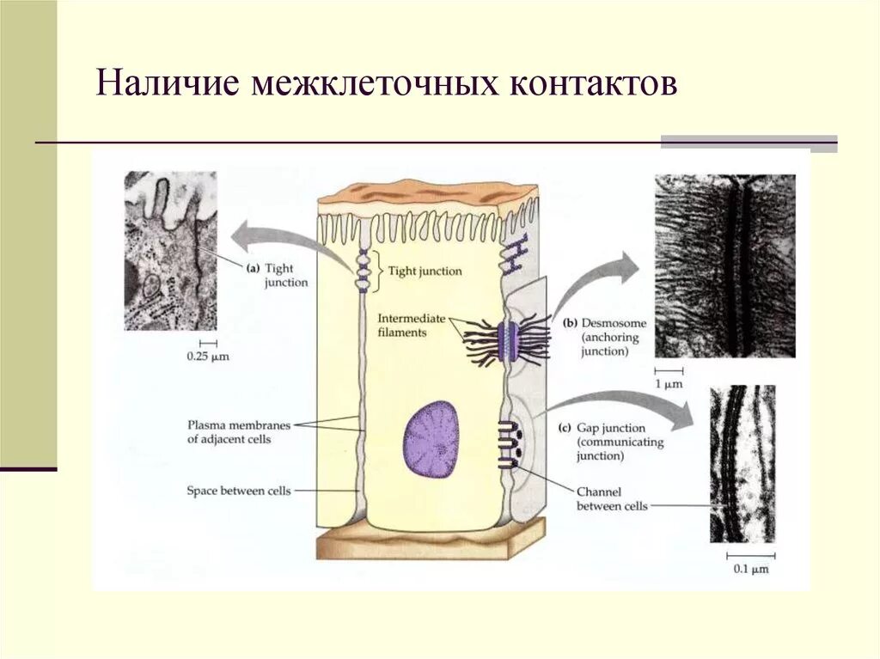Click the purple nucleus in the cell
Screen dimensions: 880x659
click(x=431, y=438)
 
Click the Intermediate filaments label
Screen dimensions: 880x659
click(x=411, y=325)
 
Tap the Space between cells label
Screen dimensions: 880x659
click(x=238, y=491)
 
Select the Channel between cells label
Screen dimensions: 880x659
click(x=612, y=498)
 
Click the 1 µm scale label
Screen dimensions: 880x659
click(x=668, y=384)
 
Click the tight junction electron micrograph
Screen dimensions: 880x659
click(x=170, y=250)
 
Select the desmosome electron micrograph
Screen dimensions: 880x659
click(x=724, y=265)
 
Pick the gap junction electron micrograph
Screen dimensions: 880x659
click(x=742, y=463)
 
